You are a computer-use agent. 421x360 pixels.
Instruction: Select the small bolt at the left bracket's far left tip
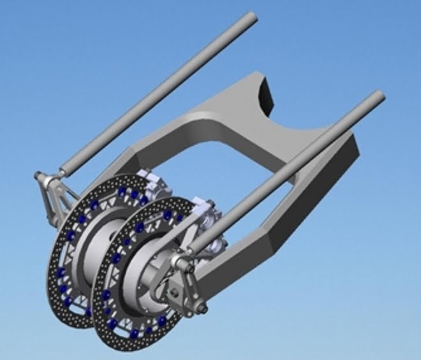pyautogui.click(x=36, y=176)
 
